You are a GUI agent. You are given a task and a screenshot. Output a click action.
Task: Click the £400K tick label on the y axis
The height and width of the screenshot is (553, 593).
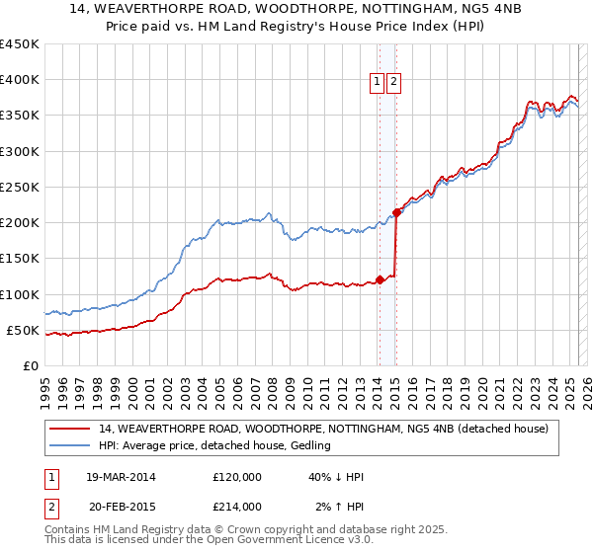click(20, 80)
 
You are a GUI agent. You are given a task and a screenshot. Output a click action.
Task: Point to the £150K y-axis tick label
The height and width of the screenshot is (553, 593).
click(20, 259)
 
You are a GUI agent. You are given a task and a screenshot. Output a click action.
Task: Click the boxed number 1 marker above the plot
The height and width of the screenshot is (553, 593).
click(378, 83)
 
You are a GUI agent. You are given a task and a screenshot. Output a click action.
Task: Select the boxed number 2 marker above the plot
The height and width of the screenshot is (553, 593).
click(393, 83)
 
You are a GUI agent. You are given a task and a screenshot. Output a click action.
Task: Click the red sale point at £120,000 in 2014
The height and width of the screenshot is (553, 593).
click(379, 279)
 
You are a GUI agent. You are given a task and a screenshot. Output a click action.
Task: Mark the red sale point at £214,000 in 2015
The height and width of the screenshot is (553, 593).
click(395, 212)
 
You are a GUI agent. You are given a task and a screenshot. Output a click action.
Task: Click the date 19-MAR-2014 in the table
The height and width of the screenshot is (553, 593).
click(122, 477)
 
